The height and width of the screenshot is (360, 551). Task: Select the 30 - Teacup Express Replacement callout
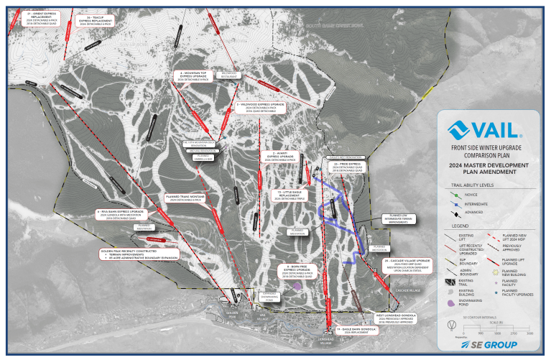tap(95, 21)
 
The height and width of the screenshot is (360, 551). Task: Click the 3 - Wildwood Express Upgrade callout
tap(260, 107)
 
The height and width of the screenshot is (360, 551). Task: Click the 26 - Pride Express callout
tap(346, 167)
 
